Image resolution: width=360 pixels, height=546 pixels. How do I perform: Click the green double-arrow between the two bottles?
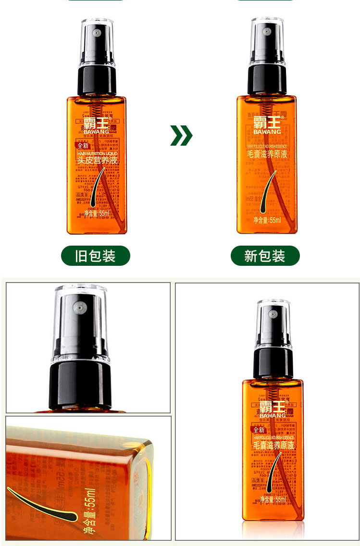tap(181, 136)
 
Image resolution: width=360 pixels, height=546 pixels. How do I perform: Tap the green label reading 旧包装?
tap(95, 256)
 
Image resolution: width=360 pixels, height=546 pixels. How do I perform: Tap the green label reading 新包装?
tap(265, 256)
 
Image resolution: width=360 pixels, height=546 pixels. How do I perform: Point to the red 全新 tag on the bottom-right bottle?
tap(259, 430)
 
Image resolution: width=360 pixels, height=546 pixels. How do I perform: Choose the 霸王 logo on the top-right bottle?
tap(266, 121)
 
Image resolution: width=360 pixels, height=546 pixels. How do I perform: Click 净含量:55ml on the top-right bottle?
tap(267, 220)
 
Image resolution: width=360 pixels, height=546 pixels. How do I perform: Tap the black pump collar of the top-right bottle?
tap(267, 79)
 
